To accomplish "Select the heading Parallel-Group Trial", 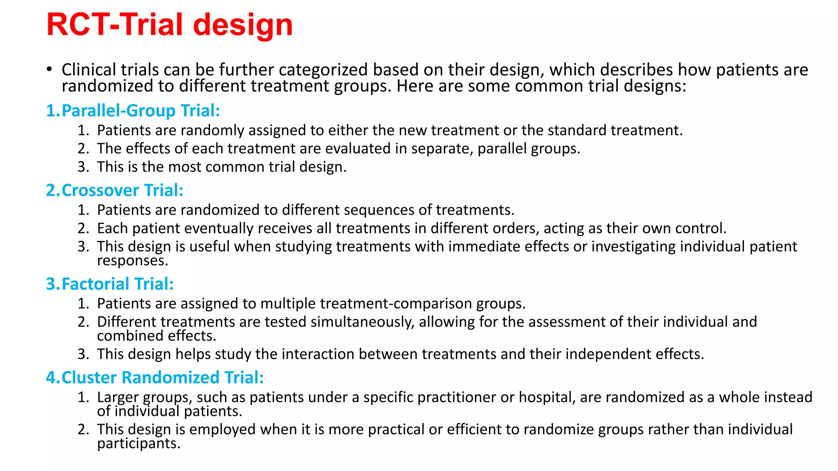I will [133, 111].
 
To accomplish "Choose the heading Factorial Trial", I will [110, 284].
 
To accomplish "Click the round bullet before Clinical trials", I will [49, 70].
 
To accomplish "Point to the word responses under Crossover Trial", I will [132, 261].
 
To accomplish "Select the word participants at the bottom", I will [138, 444].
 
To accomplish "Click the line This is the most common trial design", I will [221, 167].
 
